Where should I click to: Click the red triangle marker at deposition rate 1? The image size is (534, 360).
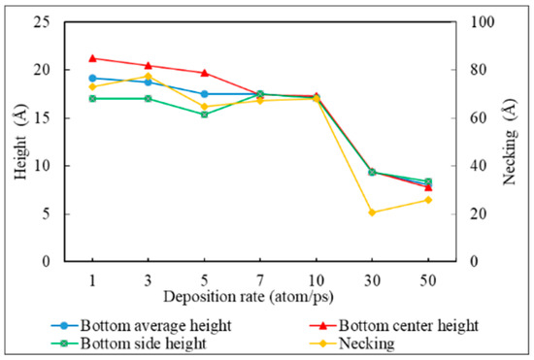[x=92, y=58]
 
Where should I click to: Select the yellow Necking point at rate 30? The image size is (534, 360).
[x=372, y=212]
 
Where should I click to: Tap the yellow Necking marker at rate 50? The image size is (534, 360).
[x=428, y=200]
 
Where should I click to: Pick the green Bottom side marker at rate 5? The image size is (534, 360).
[x=204, y=114]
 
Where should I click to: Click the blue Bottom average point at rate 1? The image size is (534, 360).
[x=92, y=78]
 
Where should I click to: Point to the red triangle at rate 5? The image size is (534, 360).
[x=204, y=73]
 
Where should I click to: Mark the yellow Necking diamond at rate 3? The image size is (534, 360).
[x=149, y=76]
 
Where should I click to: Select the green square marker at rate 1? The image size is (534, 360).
[x=92, y=98]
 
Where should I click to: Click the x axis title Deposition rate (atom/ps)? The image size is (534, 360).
[x=260, y=295]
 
